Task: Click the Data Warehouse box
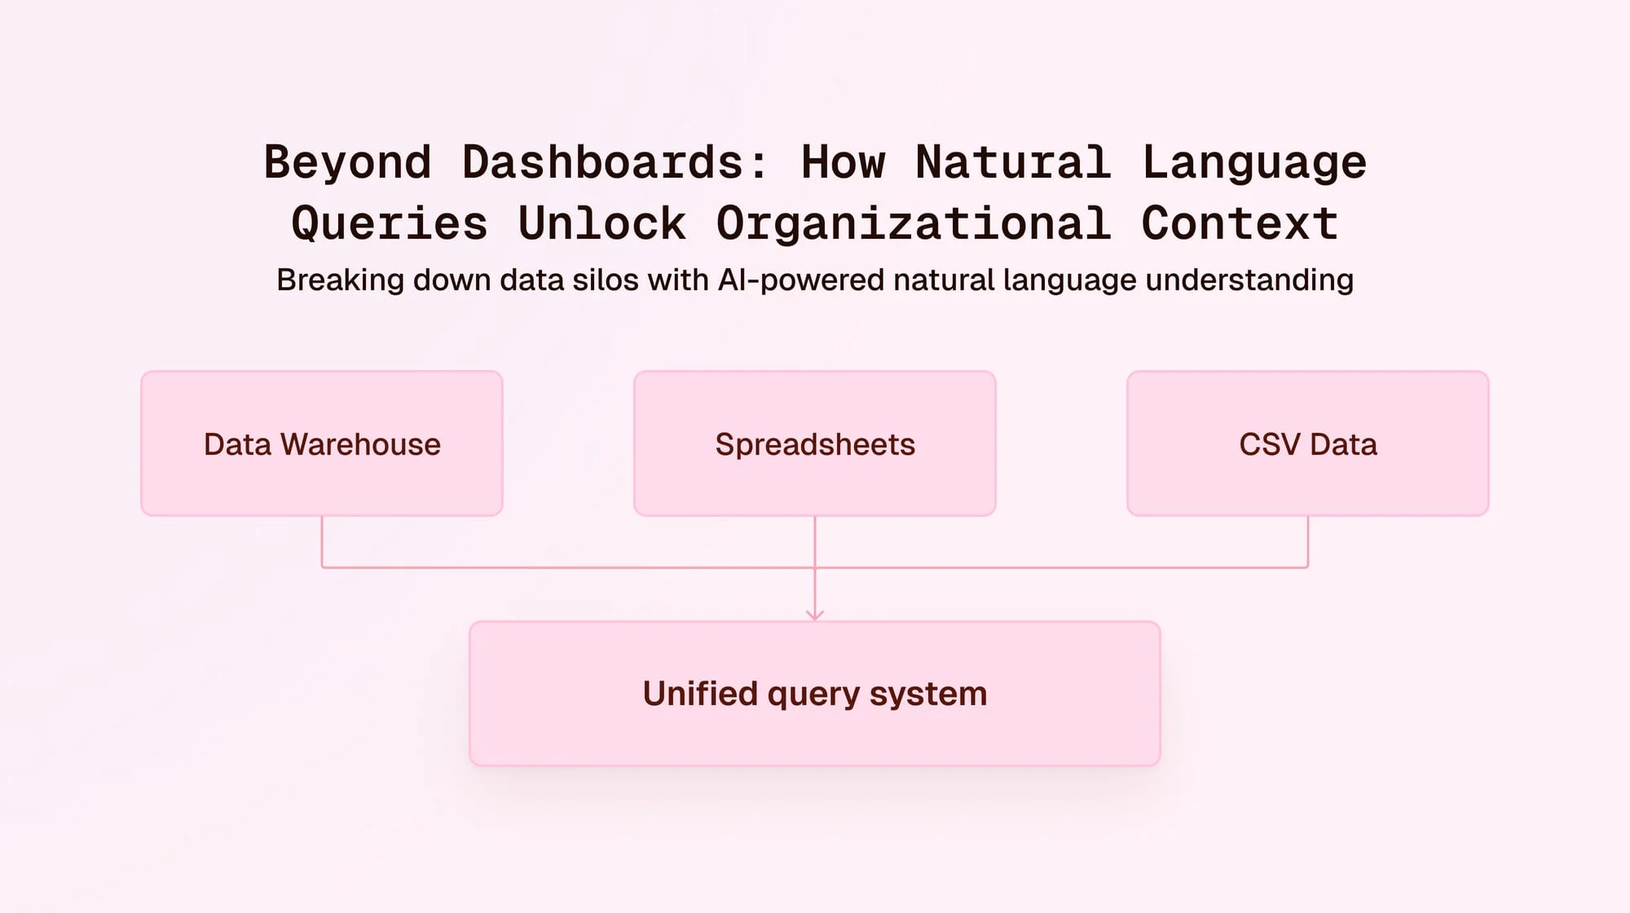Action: click(x=322, y=443)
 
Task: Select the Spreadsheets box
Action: click(x=815, y=443)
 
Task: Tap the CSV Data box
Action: click(x=1307, y=443)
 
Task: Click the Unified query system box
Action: click(x=815, y=694)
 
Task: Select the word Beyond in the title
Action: click(x=347, y=162)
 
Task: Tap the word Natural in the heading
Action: click(x=1013, y=162)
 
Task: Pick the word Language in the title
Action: click(x=1253, y=162)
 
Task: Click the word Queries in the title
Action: click(x=390, y=223)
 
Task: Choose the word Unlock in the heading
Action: click(x=602, y=223)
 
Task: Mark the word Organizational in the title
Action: click(x=913, y=223)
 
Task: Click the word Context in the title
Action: click(x=1240, y=223)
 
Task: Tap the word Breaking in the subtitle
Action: click(x=340, y=280)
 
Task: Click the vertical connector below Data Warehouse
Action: click(x=322, y=541)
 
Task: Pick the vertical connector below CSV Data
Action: click(x=1308, y=541)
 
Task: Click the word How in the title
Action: click(x=843, y=162)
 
